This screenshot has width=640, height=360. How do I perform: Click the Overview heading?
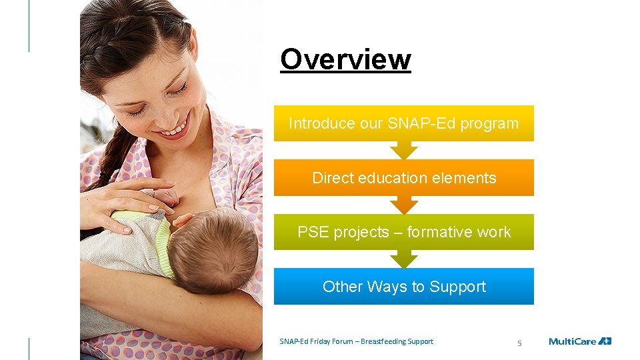(345, 59)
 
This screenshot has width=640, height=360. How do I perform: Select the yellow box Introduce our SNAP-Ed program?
(403, 123)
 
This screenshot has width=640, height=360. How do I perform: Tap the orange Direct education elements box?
(403, 178)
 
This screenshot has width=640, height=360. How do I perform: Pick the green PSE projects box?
(403, 232)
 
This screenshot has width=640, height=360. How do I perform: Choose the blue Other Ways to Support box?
(403, 287)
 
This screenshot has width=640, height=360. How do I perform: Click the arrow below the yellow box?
(403, 150)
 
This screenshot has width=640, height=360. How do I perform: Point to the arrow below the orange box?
(403, 205)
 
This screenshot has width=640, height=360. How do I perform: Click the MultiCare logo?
(579, 341)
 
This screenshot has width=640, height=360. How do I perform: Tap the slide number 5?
(520, 343)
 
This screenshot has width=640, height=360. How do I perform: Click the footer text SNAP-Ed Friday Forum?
(316, 341)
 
